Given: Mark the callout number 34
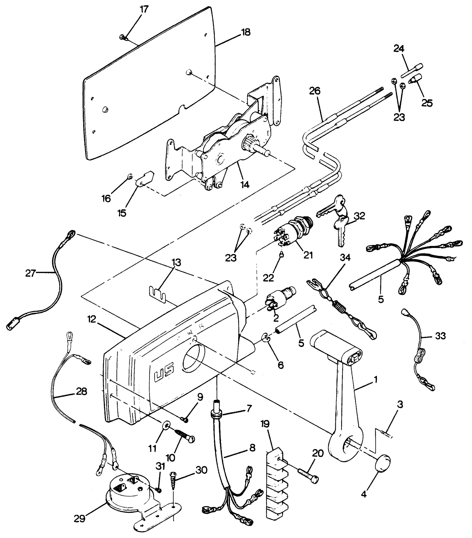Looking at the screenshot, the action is point(345,258).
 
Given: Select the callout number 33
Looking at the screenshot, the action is point(440,336).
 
